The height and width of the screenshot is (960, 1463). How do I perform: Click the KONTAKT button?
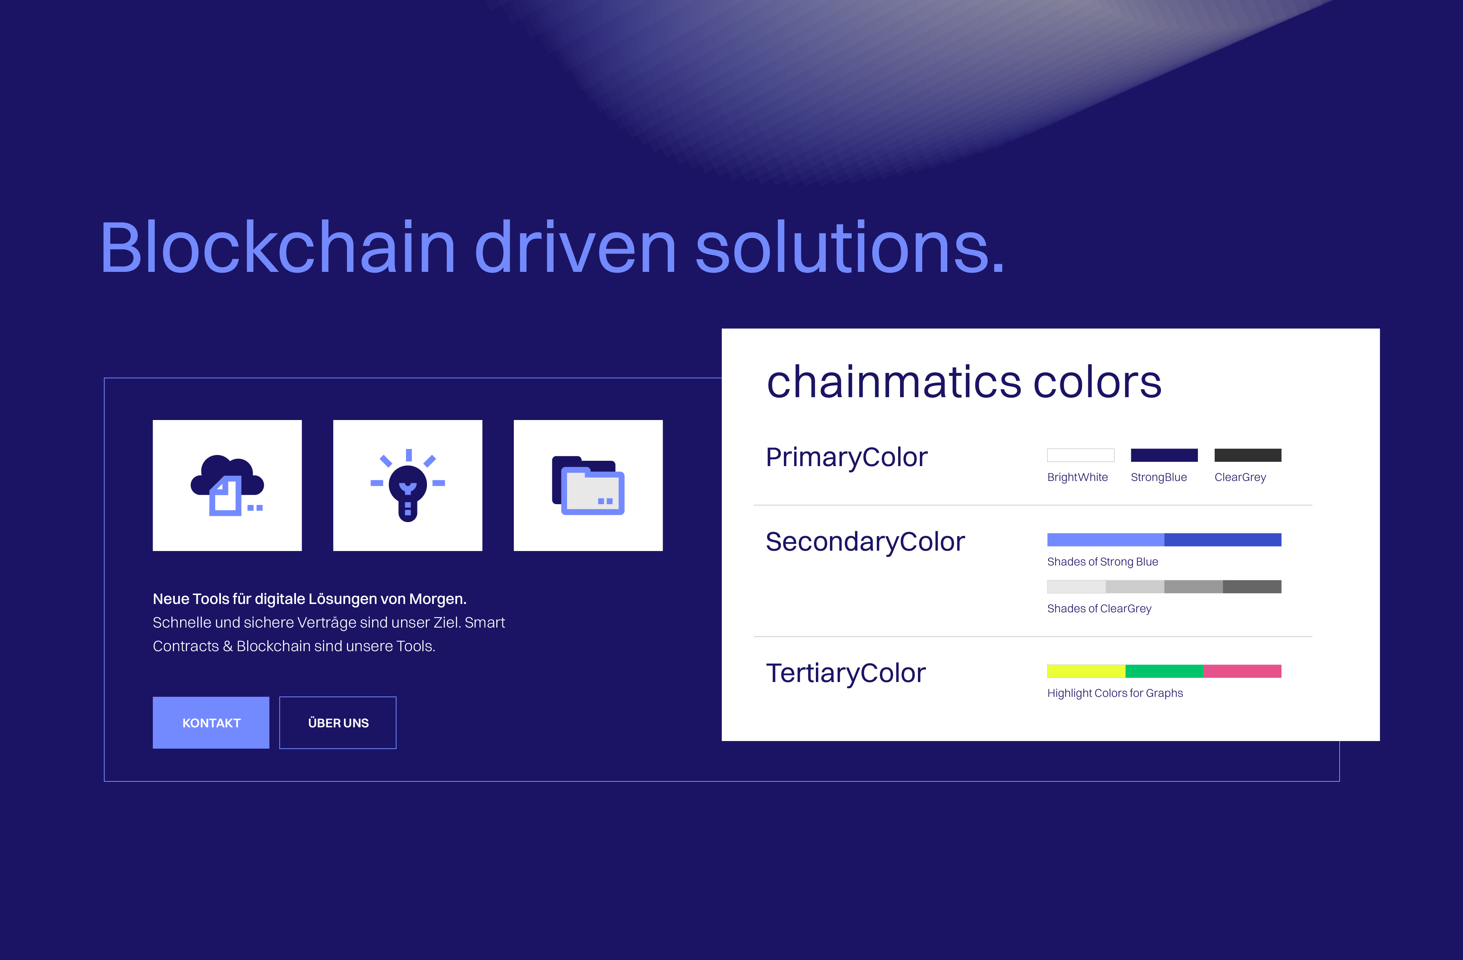211,723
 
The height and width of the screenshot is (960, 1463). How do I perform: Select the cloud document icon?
227,486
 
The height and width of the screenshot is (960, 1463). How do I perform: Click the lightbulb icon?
408,486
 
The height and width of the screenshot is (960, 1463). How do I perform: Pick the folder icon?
588,486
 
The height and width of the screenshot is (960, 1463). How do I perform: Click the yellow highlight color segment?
1086,671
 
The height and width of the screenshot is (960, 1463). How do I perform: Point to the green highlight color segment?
1164,671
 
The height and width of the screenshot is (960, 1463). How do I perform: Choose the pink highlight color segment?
1242,671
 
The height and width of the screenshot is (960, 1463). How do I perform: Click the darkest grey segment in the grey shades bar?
1252,587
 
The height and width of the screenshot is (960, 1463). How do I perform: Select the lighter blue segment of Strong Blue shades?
1105,540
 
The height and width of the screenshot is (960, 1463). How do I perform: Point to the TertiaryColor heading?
845,673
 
